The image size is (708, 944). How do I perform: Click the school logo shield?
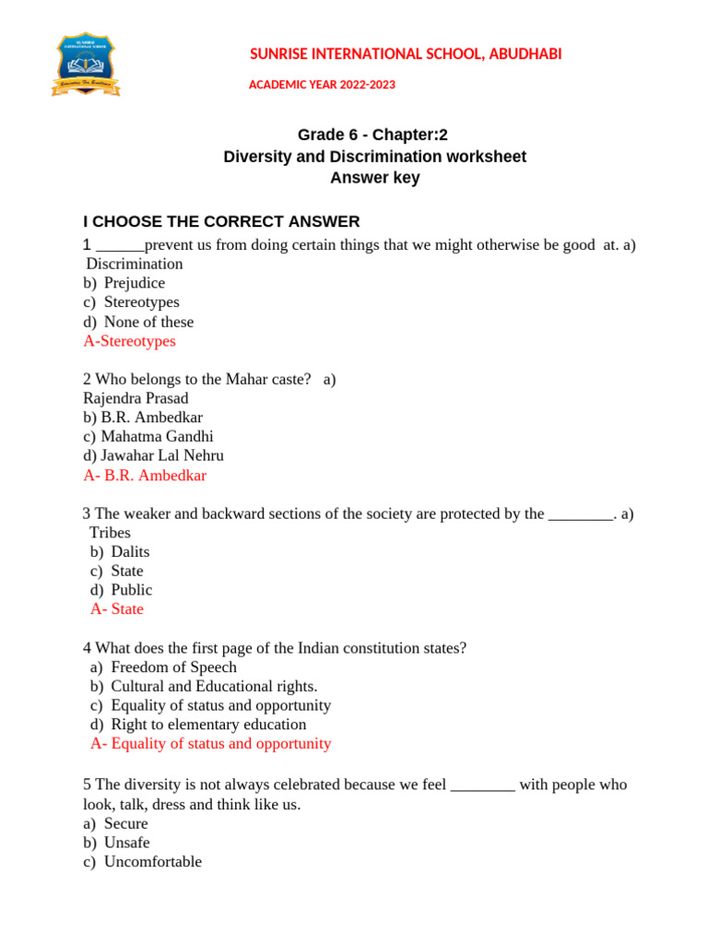[87, 64]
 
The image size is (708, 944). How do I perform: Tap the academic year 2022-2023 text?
[322, 85]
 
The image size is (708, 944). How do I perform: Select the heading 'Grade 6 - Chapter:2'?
[373, 135]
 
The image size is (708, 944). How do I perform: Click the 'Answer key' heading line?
[374, 178]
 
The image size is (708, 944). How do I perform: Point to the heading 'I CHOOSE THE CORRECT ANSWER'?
[221, 221]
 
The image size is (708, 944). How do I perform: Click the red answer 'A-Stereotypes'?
[129, 341]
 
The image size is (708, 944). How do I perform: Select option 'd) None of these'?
[138, 322]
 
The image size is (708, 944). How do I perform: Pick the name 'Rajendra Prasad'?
[136, 398]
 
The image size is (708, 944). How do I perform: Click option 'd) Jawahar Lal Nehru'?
[153, 455]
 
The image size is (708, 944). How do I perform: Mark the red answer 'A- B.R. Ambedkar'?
[145, 476]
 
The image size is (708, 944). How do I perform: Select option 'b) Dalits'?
[120, 551]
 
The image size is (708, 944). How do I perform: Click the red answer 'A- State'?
[117, 609]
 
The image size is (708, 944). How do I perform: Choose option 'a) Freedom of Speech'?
[163, 667]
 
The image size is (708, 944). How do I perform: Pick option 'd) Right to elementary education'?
[198, 725]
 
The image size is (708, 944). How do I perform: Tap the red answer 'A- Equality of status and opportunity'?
[210, 744]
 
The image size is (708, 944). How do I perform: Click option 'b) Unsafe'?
[116, 843]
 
